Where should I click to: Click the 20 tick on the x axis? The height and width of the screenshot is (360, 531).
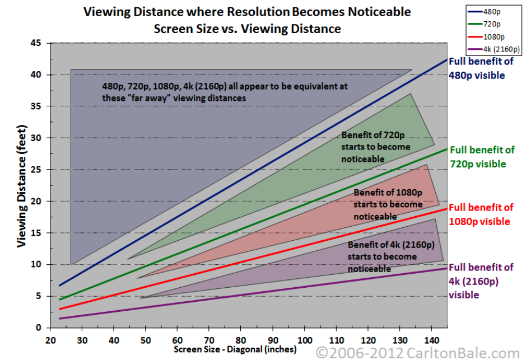click(50, 340)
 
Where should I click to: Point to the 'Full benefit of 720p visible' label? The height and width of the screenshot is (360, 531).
click(482, 157)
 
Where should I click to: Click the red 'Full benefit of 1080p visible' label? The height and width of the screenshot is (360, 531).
click(481, 214)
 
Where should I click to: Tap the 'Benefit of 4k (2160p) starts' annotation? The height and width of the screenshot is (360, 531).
click(390, 257)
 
